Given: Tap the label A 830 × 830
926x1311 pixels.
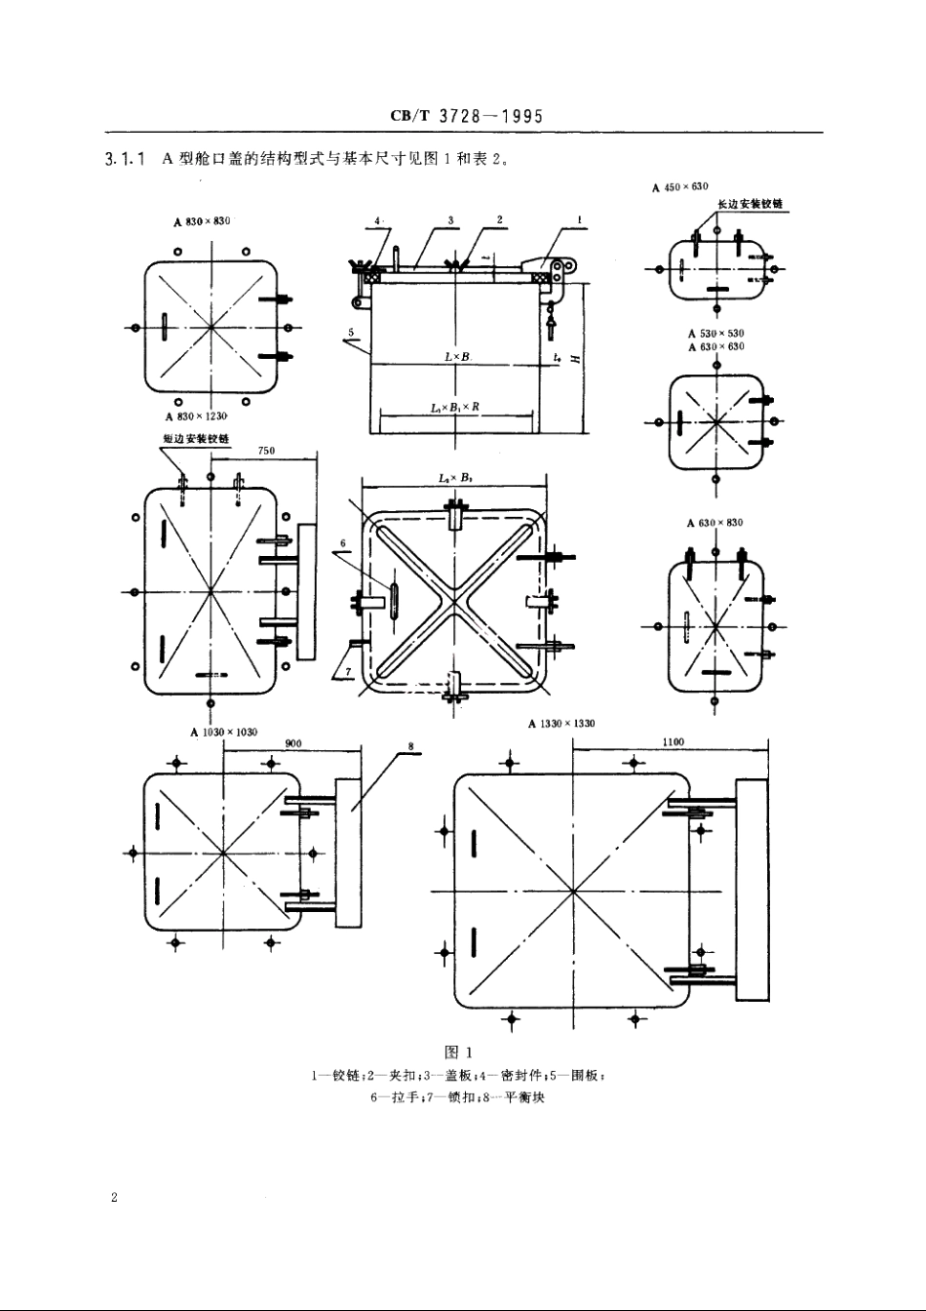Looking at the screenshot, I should coord(202,221).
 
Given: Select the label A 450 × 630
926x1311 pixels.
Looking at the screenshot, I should coord(680,186).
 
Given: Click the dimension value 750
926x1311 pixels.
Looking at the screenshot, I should coord(266,451).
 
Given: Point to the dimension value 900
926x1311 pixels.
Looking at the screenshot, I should coord(293,743).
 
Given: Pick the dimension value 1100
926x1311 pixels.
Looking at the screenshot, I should coord(673,741).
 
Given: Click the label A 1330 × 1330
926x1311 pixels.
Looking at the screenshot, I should coord(561,724).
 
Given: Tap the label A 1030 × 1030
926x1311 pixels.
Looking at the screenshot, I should coord(224,732).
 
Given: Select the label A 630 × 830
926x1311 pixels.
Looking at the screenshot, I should coord(715,523).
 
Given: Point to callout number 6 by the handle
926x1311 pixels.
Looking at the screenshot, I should coord(343,542).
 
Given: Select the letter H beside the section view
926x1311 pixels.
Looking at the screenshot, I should coord(575,359).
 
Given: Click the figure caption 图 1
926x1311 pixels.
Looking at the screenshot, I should coord(458,1053).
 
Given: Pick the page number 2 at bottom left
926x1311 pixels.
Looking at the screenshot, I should coord(114,1197).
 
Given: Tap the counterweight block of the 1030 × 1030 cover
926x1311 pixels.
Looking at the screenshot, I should coord(348,853).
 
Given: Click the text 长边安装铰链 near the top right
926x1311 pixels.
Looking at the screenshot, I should coord(751,205).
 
